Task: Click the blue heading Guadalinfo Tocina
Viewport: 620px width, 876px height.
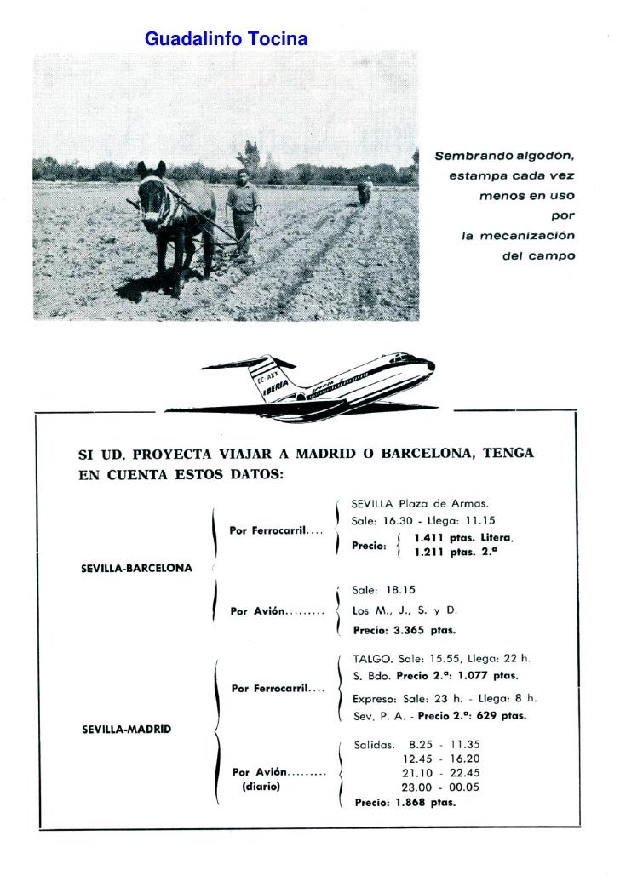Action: (226, 39)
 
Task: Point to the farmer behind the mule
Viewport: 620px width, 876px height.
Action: (244, 209)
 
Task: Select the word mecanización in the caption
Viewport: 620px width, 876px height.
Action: (528, 235)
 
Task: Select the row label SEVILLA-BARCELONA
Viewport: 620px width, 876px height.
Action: (136, 569)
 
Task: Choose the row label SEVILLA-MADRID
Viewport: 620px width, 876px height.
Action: (126, 729)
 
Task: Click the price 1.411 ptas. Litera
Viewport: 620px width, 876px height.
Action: (463, 538)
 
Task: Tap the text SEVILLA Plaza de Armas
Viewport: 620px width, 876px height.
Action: (420, 503)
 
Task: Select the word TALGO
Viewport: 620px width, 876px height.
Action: (372, 658)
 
